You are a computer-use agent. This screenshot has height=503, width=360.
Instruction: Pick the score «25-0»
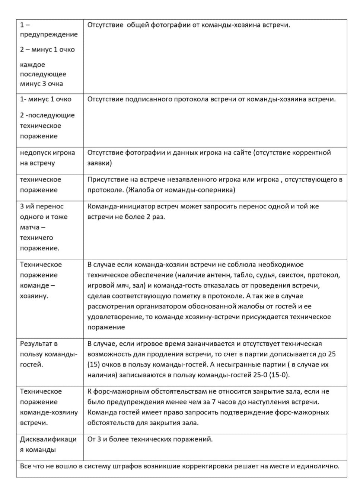pyautogui.click(x=261, y=375)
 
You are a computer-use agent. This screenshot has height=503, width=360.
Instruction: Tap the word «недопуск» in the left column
pyautogui.click(x=32, y=153)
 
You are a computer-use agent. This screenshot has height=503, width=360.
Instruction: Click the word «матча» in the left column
pyautogui.click(x=30, y=227)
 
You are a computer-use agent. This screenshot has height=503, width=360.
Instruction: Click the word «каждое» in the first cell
pyautogui.click(x=32, y=65)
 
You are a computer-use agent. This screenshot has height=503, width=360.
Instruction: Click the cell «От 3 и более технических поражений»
pyautogui.click(x=150, y=439)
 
